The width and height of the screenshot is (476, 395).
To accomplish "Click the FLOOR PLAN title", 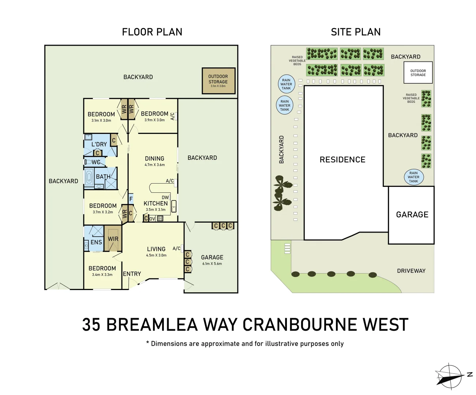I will (152, 32).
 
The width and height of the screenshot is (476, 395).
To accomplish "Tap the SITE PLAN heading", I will (356, 32).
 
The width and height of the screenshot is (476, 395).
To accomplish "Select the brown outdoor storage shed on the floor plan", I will (218, 80).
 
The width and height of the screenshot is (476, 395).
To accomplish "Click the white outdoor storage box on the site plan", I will (418, 73).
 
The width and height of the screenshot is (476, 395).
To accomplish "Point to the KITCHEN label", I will (155, 203).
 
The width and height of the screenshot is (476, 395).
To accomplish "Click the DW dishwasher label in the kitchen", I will (165, 197).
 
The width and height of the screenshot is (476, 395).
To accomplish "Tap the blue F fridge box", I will (131, 199).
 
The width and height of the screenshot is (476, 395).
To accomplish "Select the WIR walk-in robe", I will (113, 238).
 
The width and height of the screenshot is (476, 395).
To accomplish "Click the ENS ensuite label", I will (96, 242).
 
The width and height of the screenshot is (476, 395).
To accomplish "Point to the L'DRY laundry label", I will (99, 144).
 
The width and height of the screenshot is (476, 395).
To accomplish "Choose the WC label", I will (96, 162).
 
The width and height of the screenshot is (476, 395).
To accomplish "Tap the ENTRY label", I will (132, 274).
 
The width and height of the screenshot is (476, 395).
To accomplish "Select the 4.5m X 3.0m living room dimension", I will (156, 255).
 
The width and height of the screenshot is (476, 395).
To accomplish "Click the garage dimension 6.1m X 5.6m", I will (212, 264).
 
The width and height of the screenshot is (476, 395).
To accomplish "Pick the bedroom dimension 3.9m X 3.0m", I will (154, 120).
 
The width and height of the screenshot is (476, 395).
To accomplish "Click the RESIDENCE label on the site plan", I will (342, 159).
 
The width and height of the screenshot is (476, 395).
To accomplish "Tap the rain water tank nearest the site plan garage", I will (413, 177).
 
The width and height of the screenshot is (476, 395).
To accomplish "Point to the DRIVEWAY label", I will (411, 271).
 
